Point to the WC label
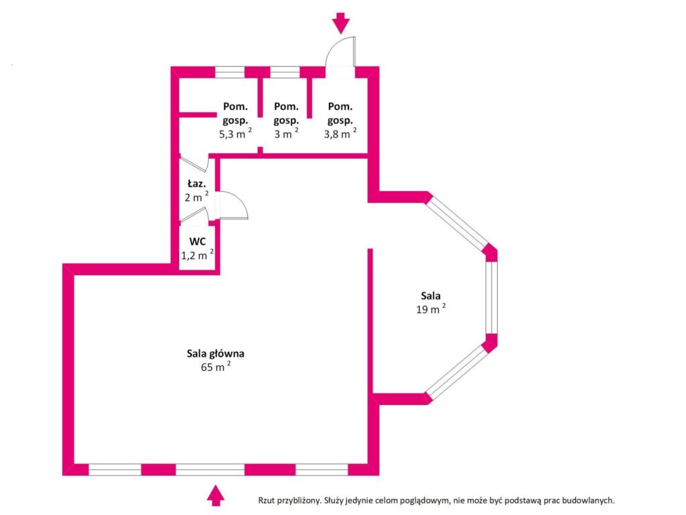point(197,241)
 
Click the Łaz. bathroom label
point(196,184)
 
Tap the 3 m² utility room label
point(286,133)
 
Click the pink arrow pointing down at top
point(342,23)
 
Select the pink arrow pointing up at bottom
point(215,495)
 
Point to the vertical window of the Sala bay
point(491,297)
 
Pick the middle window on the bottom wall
point(210,469)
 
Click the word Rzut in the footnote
point(268,500)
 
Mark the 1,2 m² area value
point(197,255)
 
